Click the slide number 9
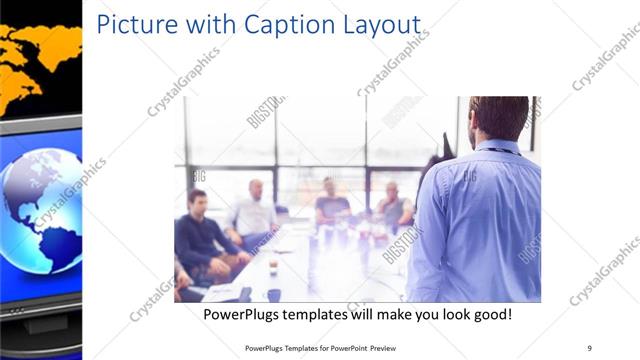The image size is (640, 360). pos(589,347)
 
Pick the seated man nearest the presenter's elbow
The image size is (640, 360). pos(392,205)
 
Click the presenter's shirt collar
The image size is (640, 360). pos(497,147)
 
